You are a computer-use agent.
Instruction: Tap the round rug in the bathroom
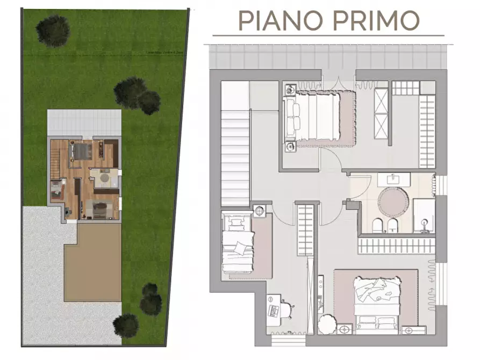tap(394, 201)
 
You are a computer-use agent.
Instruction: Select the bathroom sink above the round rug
tap(394, 179)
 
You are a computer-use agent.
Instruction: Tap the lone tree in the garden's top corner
tap(54, 30)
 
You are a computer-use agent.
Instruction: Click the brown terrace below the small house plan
tap(92, 262)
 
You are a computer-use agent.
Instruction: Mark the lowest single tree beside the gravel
tap(126, 324)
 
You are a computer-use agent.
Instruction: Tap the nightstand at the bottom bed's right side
tap(412, 330)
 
